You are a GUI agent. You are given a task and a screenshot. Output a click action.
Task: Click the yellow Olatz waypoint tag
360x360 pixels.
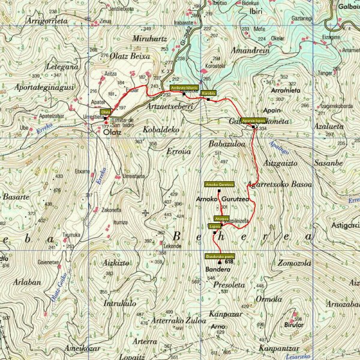pos(105,112)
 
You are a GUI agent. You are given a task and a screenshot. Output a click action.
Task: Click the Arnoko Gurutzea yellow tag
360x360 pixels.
pos(219,184)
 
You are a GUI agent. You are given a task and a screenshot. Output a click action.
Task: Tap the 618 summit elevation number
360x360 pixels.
pos(229,262)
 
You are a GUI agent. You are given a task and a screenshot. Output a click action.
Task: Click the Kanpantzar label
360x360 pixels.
pos(279,348)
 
